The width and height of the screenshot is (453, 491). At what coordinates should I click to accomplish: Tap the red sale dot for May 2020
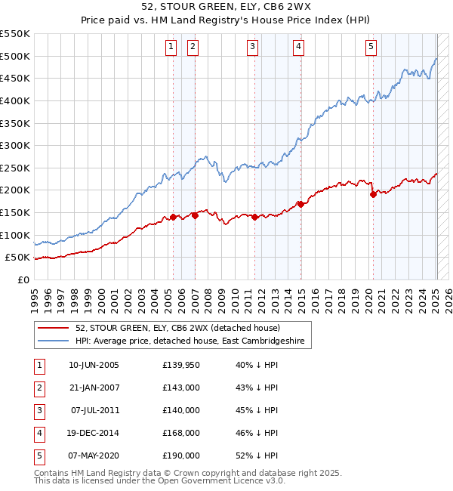point(373,194)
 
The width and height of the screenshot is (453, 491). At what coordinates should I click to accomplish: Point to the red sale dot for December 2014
point(300,204)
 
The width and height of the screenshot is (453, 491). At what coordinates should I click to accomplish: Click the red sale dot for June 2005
point(173,217)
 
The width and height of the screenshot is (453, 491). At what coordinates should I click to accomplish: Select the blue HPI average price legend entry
point(189,341)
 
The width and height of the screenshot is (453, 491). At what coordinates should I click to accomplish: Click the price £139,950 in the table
point(180,365)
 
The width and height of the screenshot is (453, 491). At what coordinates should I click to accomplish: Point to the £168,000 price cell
point(180,433)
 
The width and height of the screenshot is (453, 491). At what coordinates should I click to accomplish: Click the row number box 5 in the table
point(39,455)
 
